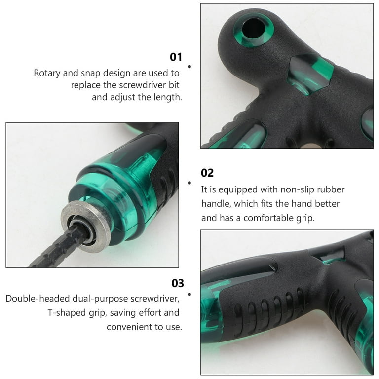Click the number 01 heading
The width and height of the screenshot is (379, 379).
(176, 57)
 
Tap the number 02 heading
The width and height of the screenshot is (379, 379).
(207, 173)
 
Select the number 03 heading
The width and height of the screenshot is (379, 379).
(178, 283)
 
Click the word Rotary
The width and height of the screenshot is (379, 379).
(47, 73)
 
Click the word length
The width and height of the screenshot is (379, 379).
(168, 97)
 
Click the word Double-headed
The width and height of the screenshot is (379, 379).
(38, 299)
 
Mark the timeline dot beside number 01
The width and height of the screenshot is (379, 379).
(189, 67)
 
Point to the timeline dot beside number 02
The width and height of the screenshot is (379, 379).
(189, 183)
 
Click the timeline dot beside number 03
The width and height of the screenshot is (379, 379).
(189, 294)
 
